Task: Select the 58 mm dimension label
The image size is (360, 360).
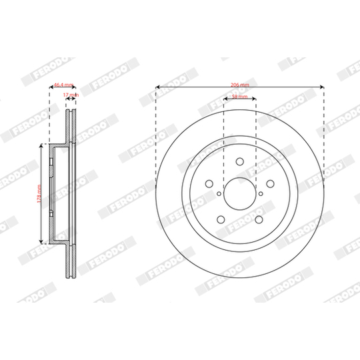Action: click(239, 97)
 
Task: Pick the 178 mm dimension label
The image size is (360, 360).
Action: click(40, 193)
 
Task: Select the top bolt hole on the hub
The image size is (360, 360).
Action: click(239, 161)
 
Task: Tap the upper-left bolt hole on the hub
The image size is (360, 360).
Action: click(209, 183)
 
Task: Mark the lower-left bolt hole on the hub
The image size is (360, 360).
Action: click(221, 218)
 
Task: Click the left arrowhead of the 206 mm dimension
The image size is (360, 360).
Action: click(157, 86)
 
